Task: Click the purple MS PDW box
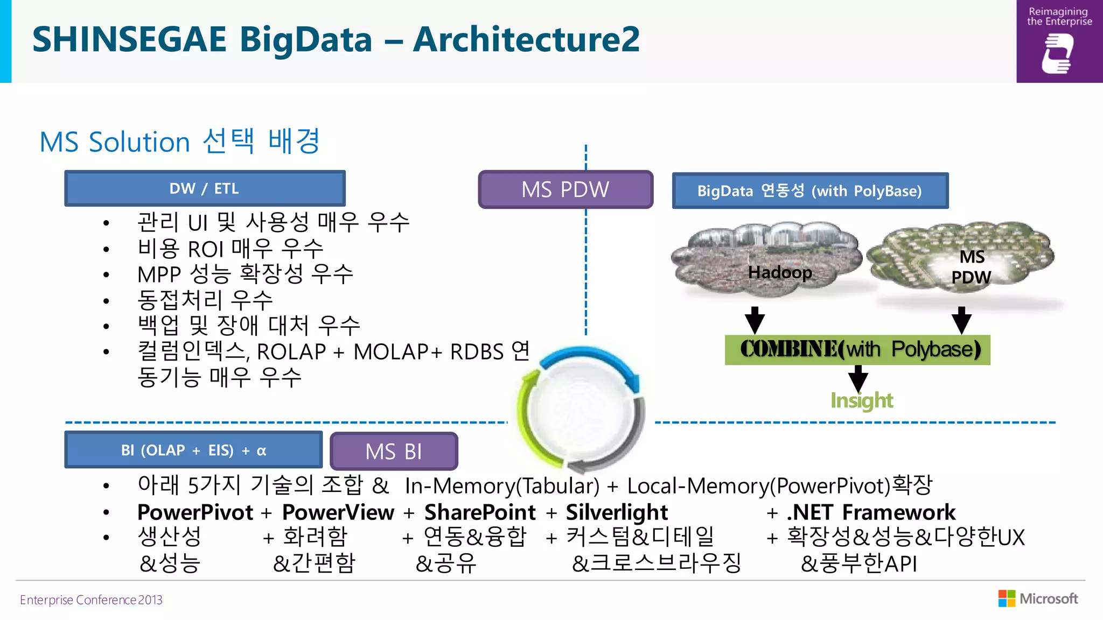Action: pos(566,189)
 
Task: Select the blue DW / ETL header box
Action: pos(205,188)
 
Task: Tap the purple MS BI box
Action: pos(394,451)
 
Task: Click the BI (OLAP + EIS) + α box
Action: pos(193,450)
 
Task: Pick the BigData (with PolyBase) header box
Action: pos(809,191)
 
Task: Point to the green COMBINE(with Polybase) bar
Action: pos(857,350)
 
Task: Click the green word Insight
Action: pos(861,400)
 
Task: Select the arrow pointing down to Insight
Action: pos(858,378)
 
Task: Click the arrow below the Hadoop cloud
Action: pos(755,320)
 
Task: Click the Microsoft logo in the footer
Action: pos(1038,598)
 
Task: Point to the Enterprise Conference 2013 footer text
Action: pos(91,600)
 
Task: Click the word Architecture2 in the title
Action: pos(526,39)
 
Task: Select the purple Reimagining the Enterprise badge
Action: pos(1059,41)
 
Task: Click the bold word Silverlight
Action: pos(617,512)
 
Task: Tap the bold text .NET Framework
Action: pos(871,512)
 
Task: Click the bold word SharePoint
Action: pos(480,512)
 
